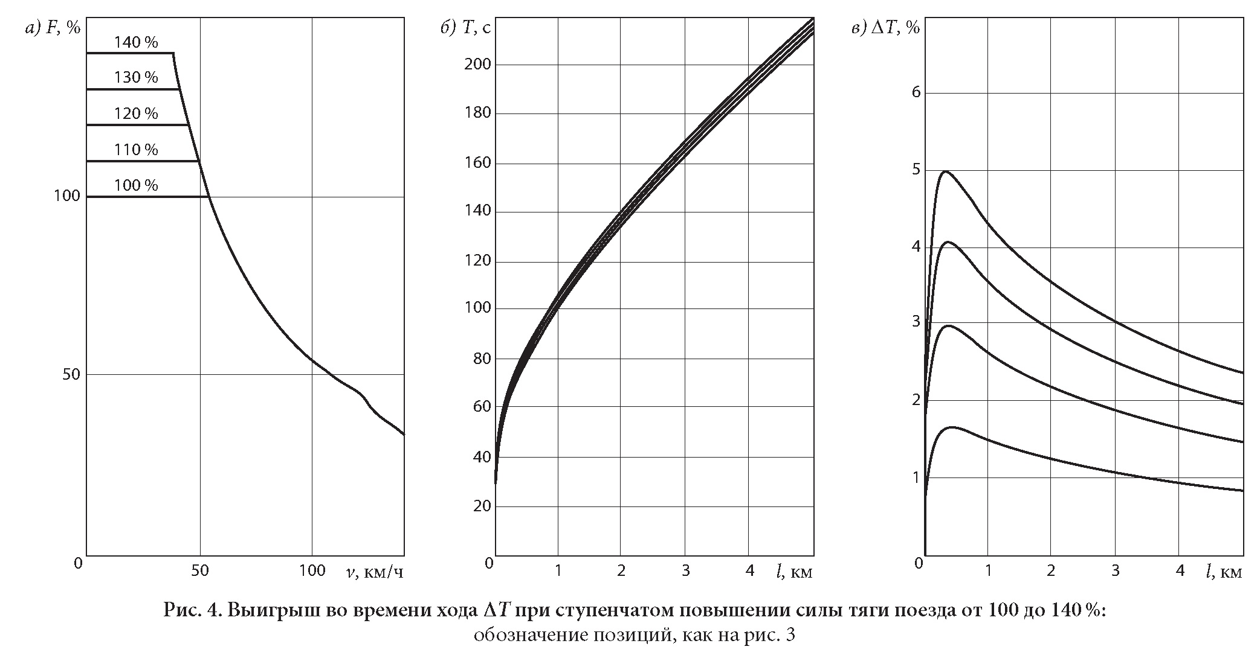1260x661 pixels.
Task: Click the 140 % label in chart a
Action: point(136,42)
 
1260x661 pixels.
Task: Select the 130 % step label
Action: point(136,78)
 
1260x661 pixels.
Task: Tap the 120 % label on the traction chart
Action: point(136,113)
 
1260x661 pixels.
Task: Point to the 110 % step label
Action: point(136,149)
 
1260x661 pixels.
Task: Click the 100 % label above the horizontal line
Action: point(136,185)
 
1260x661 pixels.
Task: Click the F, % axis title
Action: point(63,28)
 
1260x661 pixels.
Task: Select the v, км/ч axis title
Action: point(375,571)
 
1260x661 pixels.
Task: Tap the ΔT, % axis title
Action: point(894,28)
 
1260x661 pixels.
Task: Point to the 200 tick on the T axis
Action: point(477,65)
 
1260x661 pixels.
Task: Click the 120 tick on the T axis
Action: point(477,261)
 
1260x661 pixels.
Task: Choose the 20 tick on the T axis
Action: point(482,506)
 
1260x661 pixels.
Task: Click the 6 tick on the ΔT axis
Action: point(916,92)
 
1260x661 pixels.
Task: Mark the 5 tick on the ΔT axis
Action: point(916,170)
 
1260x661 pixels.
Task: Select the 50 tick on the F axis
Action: point(72,374)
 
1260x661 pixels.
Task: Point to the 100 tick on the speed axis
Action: point(312,570)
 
